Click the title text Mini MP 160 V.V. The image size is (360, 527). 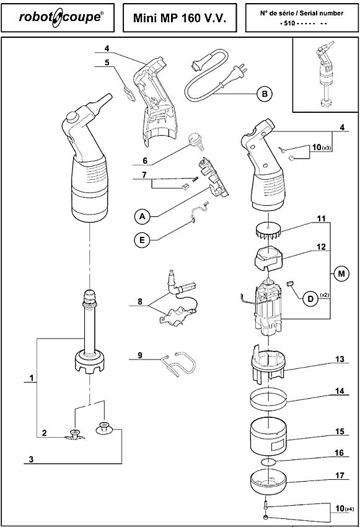tap(180, 18)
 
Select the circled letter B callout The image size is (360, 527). tap(265, 94)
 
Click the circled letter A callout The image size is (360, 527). tap(142, 216)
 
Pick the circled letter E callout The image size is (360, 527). tap(142, 240)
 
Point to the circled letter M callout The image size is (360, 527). tap(341, 273)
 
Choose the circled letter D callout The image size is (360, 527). tap(310, 298)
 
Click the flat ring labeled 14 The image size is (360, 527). tap(269, 399)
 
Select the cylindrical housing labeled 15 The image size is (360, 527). tap(268, 436)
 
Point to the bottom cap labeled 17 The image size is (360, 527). tap(268, 482)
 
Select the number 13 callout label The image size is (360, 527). tap(340, 359)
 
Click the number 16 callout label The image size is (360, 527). tap(340, 453)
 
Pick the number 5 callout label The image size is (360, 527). tap(107, 63)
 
